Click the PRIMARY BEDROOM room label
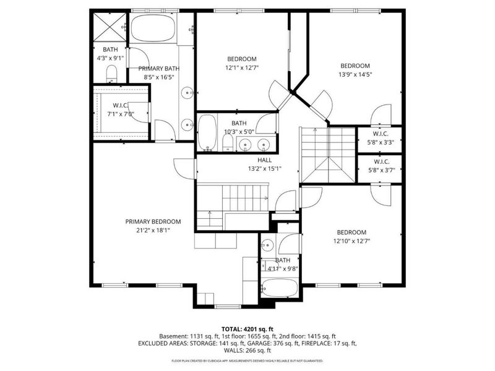click(x=153, y=221)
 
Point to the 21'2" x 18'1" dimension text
click(x=153, y=229)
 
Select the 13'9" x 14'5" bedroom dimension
click(x=355, y=74)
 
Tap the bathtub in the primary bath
click(x=153, y=29)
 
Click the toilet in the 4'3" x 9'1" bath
click(x=111, y=75)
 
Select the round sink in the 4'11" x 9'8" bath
click(x=267, y=244)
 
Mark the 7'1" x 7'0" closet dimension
click(x=121, y=114)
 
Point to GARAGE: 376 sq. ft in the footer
click(x=298, y=343)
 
